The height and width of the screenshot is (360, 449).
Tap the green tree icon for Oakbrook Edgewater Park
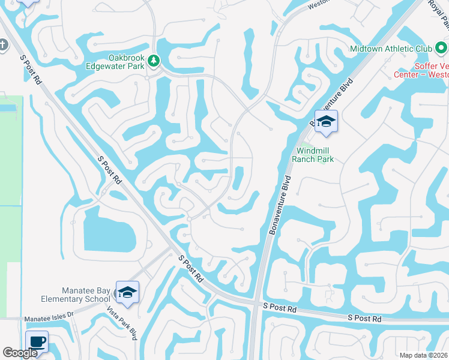[154, 60]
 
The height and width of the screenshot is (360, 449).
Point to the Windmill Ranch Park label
[312, 155]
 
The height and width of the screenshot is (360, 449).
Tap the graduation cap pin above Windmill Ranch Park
[326, 122]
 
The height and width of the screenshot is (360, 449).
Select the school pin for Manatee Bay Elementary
[127, 292]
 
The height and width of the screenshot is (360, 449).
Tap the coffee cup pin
[37, 342]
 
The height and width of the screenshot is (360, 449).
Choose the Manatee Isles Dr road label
[48, 315]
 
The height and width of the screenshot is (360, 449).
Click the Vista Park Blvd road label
[122, 324]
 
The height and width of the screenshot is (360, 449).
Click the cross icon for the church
[3, 45]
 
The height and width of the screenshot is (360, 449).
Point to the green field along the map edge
[10, 180]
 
